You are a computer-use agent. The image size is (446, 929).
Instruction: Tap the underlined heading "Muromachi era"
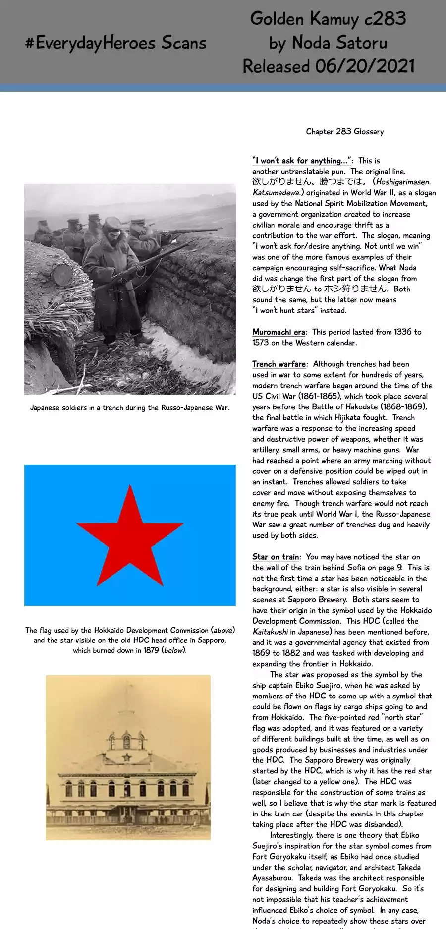[279, 332]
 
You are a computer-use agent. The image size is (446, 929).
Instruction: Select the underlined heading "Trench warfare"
[279, 364]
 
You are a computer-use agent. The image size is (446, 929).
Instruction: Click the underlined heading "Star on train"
[276, 557]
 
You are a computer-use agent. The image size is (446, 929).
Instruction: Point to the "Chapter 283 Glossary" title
[345, 131]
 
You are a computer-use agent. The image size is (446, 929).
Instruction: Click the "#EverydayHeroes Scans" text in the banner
[116, 43]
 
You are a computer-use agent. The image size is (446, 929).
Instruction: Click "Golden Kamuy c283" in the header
[328, 19]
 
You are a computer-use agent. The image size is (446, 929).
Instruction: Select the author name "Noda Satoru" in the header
[339, 43]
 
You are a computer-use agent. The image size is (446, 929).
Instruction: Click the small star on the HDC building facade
[127, 757]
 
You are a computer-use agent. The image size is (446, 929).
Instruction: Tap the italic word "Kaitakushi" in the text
[270, 632]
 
